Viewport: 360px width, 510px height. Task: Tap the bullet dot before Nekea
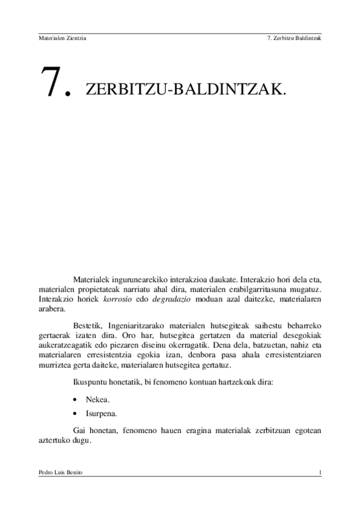click(x=74, y=399)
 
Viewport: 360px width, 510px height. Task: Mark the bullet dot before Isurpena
click(x=74, y=414)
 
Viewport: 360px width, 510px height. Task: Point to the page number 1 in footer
click(x=322, y=473)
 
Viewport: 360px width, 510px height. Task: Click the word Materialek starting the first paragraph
click(x=93, y=280)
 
